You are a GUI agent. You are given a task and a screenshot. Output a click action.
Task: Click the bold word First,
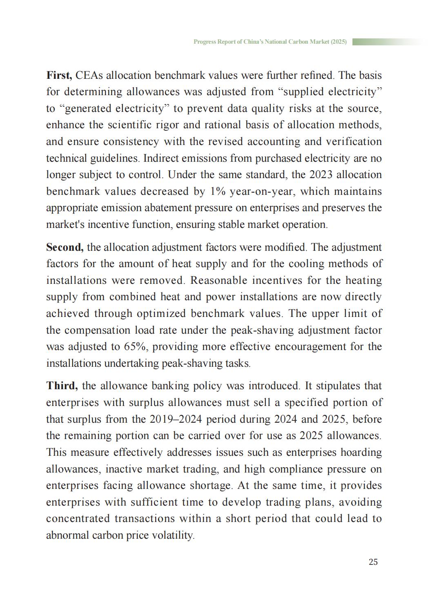(59, 76)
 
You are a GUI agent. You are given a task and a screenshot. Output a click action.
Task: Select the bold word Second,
(65, 247)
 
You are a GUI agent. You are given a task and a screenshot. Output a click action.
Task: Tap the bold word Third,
(62, 386)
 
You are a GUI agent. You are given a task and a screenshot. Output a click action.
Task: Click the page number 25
(373, 562)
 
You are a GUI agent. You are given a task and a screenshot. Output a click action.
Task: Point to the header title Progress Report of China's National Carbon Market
(270, 42)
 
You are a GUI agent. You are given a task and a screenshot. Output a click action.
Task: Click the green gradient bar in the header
(388, 42)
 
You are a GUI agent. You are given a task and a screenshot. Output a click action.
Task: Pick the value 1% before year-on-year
(218, 192)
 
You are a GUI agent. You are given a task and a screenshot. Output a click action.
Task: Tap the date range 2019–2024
(176, 419)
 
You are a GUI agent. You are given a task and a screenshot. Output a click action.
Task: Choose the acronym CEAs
(89, 76)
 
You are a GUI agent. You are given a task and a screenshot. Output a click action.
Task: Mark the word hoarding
(361, 453)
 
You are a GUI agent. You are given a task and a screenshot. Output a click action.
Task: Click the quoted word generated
(88, 109)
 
